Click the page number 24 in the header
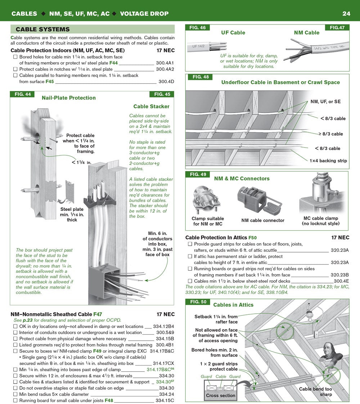coord(346,14)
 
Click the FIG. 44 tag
coord(23,94)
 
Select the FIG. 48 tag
coord(201,77)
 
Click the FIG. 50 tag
coord(198,302)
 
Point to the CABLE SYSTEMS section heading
coord(42,29)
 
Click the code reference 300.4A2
coord(165,69)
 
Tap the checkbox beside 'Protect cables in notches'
coord(15,69)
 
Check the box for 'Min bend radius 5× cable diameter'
coord(15,394)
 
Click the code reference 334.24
coord(167,394)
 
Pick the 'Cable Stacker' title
coord(151,106)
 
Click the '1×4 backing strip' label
coord(328,161)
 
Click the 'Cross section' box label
coord(221,395)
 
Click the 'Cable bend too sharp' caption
coord(316,391)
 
